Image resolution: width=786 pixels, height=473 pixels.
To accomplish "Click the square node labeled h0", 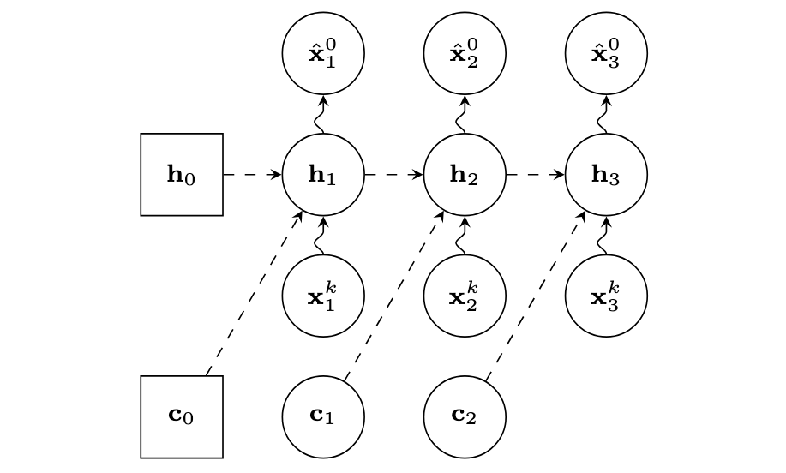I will (x=182, y=175).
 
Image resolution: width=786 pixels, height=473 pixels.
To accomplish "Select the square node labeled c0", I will (x=182, y=416).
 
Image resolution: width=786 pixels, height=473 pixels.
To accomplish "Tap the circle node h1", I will (x=323, y=175).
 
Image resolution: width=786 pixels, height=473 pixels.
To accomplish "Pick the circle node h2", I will (x=465, y=175).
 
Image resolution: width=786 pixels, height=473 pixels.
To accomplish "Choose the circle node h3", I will (x=606, y=175).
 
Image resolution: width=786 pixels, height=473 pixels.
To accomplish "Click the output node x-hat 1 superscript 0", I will (x=323, y=53).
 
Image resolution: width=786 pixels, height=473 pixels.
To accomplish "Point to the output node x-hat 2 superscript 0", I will (x=465, y=53).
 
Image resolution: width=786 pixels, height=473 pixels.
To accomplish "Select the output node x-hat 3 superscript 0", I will (x=606, y=53).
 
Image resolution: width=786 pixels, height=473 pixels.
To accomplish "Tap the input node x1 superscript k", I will (x=323, y=296).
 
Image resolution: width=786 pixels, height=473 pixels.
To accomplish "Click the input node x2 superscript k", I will (x=465, y=296).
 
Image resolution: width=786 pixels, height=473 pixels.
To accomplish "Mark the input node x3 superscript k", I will (x=606, y=296).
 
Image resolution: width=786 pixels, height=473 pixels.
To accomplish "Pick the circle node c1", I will (x=323, y=416).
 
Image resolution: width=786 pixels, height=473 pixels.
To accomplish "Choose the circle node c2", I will (x=465, y=416).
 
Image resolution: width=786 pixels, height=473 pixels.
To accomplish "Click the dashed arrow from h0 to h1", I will (x=252, y=175).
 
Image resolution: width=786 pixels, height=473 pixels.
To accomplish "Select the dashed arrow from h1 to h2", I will (x=393, y=175).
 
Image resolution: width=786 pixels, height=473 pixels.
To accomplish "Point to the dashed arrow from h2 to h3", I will (x=535, y=175).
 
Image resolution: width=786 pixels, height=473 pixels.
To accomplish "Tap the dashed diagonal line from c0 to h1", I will (x=254, y=293).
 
